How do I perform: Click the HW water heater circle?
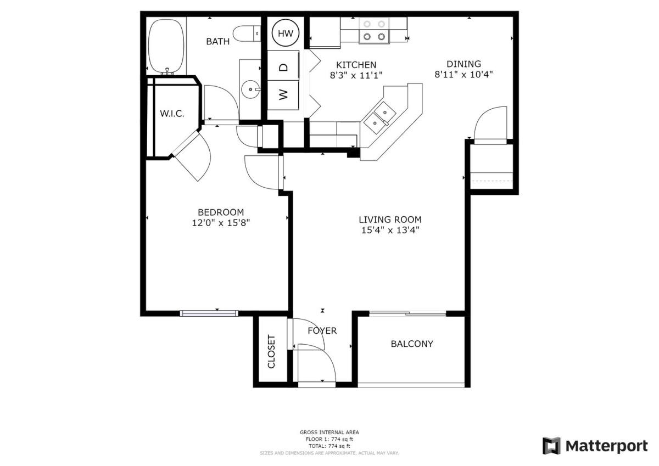click(286, 33)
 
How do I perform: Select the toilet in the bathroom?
click(247, 33)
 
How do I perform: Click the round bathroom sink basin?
click(250, 89)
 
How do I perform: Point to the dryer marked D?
click(283, 65)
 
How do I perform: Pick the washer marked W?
click(283, 95)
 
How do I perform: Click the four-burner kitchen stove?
click(374, 31)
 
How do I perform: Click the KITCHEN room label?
click(356, 65)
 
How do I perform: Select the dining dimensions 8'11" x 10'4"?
click(463, 75)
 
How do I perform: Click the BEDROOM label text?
click(221, 212)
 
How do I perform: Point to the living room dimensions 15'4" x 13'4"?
click(390, 230)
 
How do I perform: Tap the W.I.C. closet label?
click(172, 114)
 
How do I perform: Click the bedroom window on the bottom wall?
click(209, 313)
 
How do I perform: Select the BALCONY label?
click(411, 344)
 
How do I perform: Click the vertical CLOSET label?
click(271, 351)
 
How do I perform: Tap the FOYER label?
click(322, 331)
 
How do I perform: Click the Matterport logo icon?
click(551, 446)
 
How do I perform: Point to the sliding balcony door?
click(407, 313)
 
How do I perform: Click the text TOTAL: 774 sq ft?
click(329, 446)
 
